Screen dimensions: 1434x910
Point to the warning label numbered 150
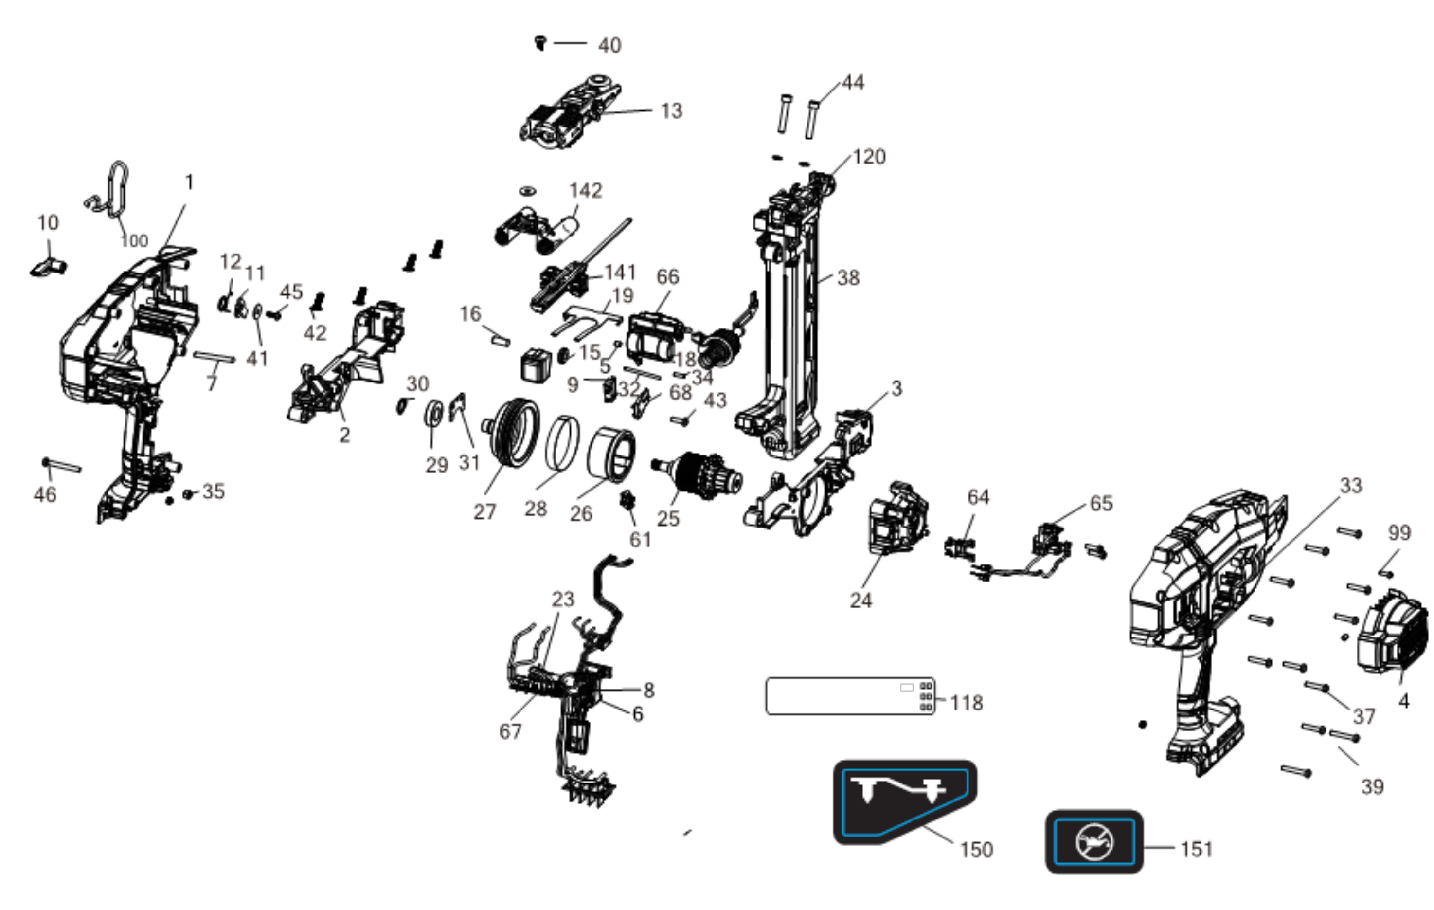click(905, 801)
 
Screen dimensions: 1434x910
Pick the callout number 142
click(585, 191)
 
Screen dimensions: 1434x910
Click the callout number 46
click(45, 494)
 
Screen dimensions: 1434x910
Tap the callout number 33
click(1351, 485)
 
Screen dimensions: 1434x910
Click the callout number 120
click(869, 157)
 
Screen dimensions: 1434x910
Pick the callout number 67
click(510, 731)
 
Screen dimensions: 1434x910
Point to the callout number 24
click(861, 600)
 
